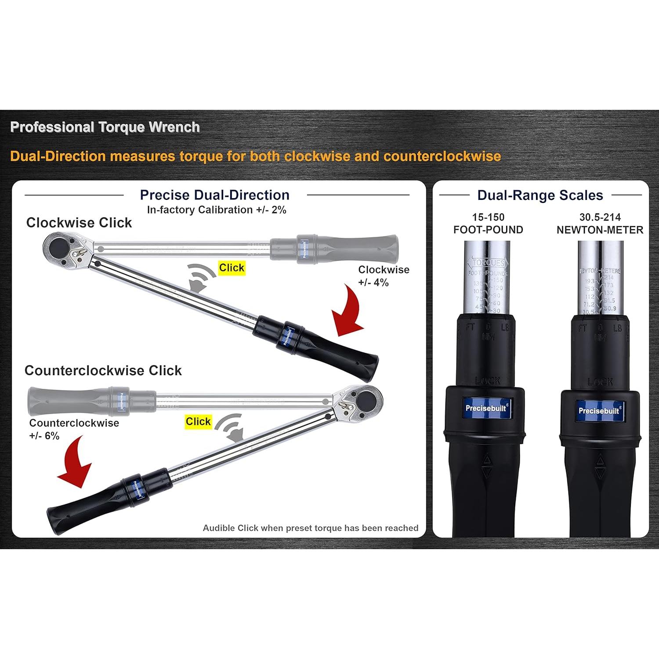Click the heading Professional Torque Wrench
point(105,127)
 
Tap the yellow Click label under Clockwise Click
point(232,268)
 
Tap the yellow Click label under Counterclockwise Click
point(198,421)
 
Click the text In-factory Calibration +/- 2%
point(217,210)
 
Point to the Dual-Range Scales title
point(540,195)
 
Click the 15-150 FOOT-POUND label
point(488,223)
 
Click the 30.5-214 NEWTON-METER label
point(600,223)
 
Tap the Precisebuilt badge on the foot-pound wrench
point(486,408)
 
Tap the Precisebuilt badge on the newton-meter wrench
point(599,410)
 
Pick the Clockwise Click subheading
point(79,223)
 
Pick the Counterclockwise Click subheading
point(103,370)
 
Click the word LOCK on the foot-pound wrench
point(488,381)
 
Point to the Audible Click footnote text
point(310,528)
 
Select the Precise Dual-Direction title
point(214,195)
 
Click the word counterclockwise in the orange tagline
point(442,156)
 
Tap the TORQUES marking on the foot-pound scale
point(488,263)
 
